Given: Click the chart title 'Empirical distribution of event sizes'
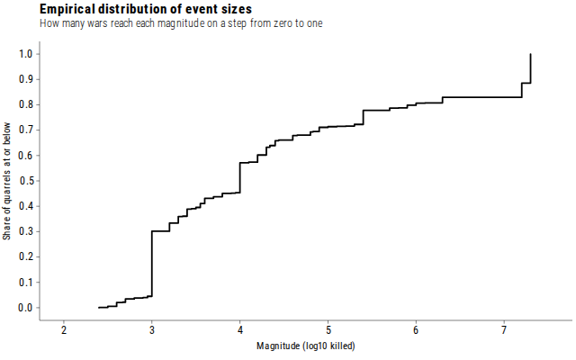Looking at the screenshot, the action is (146, 9).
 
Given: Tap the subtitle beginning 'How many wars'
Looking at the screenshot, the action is (181, 23).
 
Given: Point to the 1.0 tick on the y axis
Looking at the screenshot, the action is (26, 54).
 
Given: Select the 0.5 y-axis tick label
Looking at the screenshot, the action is (26, 181).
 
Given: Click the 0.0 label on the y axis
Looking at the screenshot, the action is (26, 308).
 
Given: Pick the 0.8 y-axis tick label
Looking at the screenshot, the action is (26, 104).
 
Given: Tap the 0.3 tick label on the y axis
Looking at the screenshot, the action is (26, 231).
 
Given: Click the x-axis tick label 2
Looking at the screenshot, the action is (64, 330).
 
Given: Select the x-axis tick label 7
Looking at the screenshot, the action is (504, 330).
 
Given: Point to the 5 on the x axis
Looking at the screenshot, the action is (328, 330).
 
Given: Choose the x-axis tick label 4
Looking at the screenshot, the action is (240, 330).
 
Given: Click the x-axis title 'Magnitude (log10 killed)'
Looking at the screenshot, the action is (306, 346).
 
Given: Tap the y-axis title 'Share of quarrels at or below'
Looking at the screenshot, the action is (6, 181).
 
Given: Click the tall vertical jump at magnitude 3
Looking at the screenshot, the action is (152, 264).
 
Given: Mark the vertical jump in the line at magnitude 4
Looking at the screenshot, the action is (240, 177).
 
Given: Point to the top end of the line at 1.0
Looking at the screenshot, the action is (530, 54).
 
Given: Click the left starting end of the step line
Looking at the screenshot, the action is (99, 308).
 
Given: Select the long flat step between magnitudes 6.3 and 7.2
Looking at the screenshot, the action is (482, 97).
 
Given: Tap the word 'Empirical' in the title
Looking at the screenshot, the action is (67, 9).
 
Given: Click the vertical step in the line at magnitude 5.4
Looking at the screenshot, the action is (364, 117).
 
